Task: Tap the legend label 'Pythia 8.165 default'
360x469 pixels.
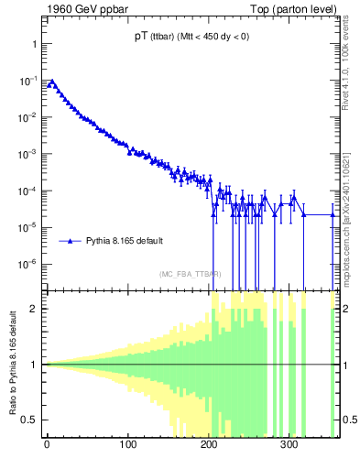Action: tap(125, 241)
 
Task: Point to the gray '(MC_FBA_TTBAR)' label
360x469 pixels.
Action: tap(190, 274)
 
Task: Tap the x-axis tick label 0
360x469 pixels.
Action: tap(47, 447)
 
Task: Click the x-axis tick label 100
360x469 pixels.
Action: tap(127, 447)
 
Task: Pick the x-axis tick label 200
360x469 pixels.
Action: tap(209, 447)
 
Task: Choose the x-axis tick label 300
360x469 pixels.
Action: tap(289, 447)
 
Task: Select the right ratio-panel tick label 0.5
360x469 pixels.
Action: tap(347, 420)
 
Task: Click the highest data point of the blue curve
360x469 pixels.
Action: tap(52, 82)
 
